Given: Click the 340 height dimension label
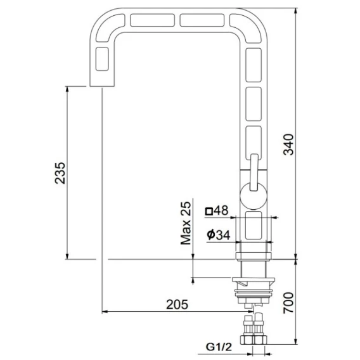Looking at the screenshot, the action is (x=289, y=145).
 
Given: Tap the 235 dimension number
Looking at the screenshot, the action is (x=60, y=173).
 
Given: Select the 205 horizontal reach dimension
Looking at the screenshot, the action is (x=177, y=304).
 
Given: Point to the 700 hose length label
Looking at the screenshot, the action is (x=288, y=303).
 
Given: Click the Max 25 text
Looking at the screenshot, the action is (x=186, y=223).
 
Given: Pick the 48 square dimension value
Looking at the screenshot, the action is (x=221, y=210).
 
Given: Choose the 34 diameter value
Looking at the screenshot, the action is (x=222, y=235).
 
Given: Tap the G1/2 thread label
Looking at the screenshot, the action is (x=219, y=347).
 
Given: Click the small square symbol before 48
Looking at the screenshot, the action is (x=209, y=211).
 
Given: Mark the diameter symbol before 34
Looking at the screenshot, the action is (x=211, y=235).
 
